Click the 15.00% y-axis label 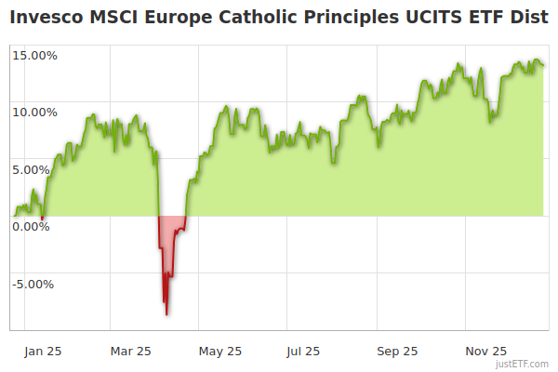34,55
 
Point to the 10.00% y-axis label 34,113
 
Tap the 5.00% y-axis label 37,169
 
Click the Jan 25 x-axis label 44,351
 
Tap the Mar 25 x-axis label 130,351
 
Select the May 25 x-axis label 220,351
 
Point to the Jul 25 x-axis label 303,351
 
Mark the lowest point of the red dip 166,314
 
